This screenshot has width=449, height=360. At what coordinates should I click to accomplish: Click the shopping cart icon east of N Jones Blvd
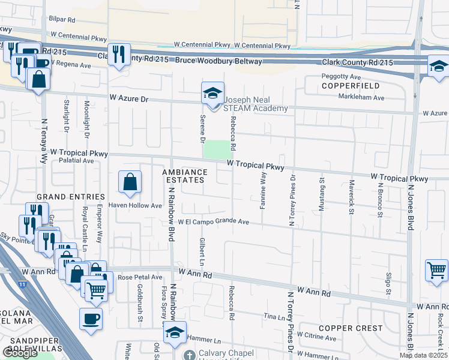click(436, 270)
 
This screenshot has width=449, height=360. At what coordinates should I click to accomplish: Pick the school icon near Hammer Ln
click(175, 332)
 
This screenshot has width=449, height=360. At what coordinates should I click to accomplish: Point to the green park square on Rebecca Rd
click(217, 149)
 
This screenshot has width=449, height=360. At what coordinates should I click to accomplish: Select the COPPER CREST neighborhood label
click(351, 328)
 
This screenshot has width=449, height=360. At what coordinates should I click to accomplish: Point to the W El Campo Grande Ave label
click(213, 221)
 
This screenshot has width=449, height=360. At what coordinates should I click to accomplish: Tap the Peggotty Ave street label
click(341, 77)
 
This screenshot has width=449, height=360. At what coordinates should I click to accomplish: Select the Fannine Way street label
click(263, 190)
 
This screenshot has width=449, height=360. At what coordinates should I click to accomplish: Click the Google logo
click(20, 353)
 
